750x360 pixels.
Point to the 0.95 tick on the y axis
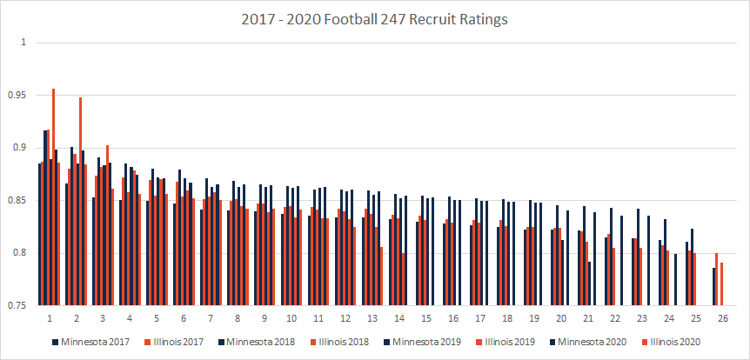click(x=19, y=95)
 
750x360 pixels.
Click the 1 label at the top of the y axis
click(x=24, y=42)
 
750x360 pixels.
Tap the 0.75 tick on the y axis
click(x=19, y=306)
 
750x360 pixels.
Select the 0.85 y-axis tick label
click(x=19, y=200)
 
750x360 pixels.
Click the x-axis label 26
click(x=718, y=318)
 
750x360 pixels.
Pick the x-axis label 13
click(x=372, y=318)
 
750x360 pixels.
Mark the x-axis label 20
click(x=559, y=318)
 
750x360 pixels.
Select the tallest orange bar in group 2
click(x=80, y=201)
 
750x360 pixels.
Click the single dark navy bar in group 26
click(x=713, y=287)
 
